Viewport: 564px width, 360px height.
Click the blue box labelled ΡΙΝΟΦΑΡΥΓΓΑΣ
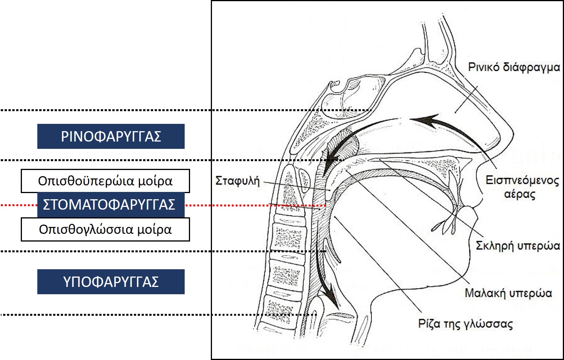[x=111, y=137]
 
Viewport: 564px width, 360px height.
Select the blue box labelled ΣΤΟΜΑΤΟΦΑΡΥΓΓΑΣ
[x=111, y=205]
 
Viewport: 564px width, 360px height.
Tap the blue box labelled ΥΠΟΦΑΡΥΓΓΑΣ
[x=111, y=282]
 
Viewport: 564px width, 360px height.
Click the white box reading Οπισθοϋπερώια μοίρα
[x=105, y=181]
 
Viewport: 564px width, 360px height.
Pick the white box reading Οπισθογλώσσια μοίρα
[x=105, y=230]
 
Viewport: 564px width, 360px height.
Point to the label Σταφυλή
[x=237, y=181]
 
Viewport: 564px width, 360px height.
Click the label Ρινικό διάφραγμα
[x=514, y=67]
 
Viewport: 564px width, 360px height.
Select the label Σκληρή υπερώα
[x=517, y=245]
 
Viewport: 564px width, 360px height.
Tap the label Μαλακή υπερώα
[x=508, y=293]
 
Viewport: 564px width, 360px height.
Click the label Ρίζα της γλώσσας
[x=465, y=323]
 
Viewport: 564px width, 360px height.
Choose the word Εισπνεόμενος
[x=522, y=180]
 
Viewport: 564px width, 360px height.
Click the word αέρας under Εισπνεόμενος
[x=519, y=194]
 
